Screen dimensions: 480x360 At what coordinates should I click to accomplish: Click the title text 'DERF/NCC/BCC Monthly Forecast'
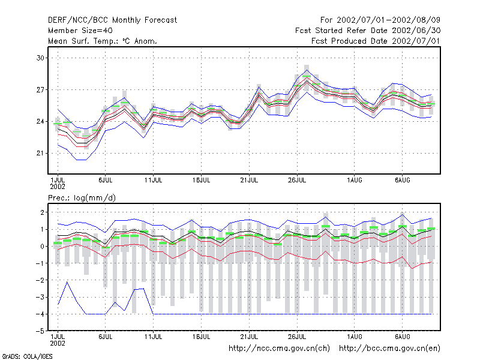[x=112, y=20]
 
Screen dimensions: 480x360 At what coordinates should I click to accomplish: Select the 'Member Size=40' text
[x=80, y=31]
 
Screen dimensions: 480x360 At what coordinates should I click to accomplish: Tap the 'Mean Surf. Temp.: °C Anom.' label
[x=103, y=41]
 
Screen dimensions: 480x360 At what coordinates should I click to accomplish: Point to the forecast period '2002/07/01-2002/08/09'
[x=388, y=20]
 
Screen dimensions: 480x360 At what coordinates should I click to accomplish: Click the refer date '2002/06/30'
[x=416, y=31]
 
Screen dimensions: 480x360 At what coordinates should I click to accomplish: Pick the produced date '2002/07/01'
[x=416, y=41]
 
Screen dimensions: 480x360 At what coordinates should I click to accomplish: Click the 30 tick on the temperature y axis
[x=40, y=58]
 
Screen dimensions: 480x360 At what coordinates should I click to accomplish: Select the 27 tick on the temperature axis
[x=40, y=89]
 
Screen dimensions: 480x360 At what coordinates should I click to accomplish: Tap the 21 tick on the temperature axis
[x=40, y=153]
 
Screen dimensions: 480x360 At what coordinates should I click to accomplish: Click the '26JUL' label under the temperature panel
[x=297, y=181]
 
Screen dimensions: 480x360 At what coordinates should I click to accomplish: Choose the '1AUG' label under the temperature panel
[x=355, y=181]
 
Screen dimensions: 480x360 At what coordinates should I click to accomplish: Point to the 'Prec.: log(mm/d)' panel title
[x=82, y=198]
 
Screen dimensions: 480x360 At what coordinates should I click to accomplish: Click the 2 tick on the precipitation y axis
[x=42, y=212]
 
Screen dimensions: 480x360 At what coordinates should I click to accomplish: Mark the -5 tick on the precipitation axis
[x=40, y=331]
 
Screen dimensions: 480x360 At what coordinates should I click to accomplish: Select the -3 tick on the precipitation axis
[x=40, y=297]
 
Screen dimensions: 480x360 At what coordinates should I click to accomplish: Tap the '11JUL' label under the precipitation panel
[x=154, y=337]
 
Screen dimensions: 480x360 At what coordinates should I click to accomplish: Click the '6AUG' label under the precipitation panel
[x=402, y=337]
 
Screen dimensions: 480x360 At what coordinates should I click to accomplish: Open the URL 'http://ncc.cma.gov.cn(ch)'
[x=279, y=349]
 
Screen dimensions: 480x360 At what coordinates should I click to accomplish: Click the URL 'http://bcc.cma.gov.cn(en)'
[x=389, y=349]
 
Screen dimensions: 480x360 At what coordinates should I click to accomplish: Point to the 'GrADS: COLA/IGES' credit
[x=27, y=356]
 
